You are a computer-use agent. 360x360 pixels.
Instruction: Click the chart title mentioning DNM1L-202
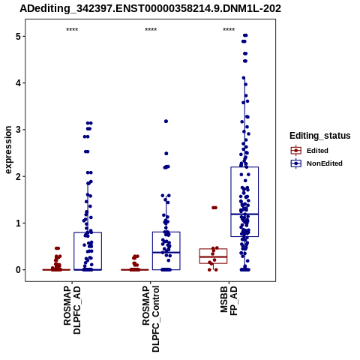click(x=151, y=8)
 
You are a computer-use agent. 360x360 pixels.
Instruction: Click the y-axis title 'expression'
click(x=8, y=150)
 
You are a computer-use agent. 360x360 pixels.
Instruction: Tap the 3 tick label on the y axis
click(x=18, y=130)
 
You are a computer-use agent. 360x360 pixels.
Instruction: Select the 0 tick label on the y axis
click(x=18, y=270)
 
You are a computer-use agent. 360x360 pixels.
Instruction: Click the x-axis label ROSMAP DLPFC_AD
click(x=72, y=310)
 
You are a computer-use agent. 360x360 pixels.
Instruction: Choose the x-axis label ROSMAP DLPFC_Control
click(x=151, y=319)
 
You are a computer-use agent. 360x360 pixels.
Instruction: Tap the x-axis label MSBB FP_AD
click(x=229, y=301)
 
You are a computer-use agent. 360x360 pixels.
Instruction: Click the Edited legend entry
click(x=310, y=151)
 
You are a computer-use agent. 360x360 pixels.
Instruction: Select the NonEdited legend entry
click(x=316, y=163)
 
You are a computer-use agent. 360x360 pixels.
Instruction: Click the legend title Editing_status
click(x=320, y=136)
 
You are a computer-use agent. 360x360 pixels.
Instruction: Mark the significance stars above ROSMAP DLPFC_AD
click(x=72, y=30)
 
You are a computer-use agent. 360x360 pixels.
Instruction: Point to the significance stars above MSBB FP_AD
click(x=229, y=30)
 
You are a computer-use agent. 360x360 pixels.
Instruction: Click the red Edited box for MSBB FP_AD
click(x=213, y=249)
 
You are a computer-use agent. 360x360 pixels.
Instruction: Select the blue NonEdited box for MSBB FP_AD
click(x=231, y=202)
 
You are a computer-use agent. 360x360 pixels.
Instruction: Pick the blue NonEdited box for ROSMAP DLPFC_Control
click(x=152, y=250)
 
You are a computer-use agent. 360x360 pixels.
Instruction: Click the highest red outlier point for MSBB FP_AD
click(x=214, y=208)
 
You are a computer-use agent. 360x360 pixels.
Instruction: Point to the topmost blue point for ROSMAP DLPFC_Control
click(x=166, y=121)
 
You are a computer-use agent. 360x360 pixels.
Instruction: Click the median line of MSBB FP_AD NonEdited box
click(x=244, y=214)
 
